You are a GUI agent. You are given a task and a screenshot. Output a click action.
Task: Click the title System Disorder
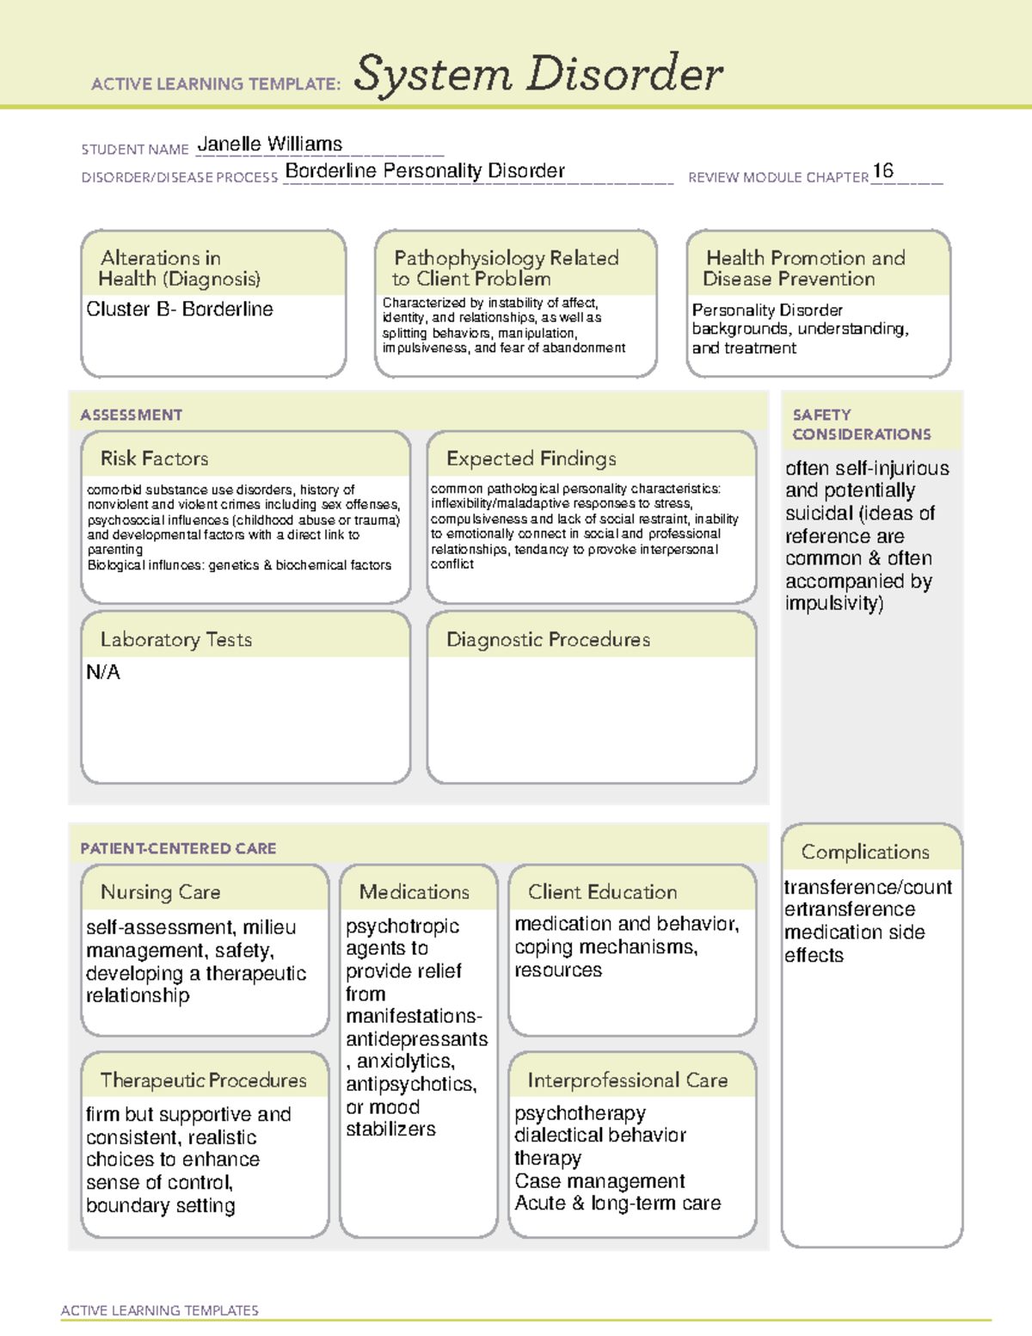click(537, 73)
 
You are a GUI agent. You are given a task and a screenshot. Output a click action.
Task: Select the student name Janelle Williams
click(269, 144)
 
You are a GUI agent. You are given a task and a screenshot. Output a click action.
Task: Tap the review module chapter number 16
click(882, 170)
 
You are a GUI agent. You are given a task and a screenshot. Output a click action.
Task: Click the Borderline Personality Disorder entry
click(425, 170)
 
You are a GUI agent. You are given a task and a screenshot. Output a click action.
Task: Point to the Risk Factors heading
click(154, 459)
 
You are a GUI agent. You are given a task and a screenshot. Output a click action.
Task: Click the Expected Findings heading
click(531, 459)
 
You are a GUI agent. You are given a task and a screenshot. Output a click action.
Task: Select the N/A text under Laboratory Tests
click(103, 672)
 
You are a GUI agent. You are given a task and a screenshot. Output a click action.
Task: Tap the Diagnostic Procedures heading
click(548, 639)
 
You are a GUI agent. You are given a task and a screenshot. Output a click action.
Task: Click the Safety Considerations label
click(861, 424)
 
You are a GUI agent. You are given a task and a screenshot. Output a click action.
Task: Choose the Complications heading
click(864, 852)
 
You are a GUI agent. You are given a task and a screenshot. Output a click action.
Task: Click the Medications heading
click(414, 892)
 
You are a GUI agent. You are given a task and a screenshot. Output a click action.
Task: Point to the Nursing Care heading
click(160, 892)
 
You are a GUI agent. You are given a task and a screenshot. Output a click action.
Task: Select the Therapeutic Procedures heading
click(203, 1080)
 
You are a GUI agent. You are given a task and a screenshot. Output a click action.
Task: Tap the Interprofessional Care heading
click(627, 1080)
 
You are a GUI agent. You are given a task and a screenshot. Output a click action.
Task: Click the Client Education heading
click(602, 892)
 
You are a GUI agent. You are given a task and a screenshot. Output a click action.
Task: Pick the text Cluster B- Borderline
click(179, 309)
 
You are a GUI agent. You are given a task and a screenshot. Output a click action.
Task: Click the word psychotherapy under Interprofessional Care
click(580, 1113)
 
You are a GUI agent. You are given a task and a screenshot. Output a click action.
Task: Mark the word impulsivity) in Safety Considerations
click(833, 603)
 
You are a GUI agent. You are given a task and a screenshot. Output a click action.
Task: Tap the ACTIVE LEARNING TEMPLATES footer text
click(159, 1310)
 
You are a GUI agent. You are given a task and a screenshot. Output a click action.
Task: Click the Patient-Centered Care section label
click(178, 848)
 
